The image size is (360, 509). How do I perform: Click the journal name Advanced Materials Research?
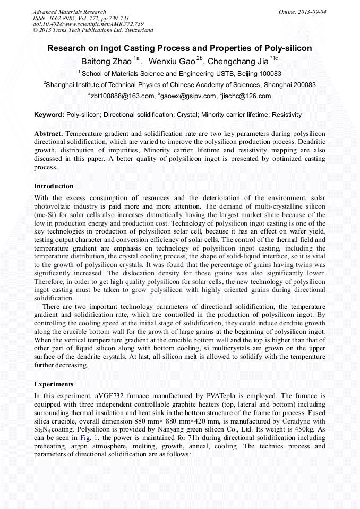coord(69,12)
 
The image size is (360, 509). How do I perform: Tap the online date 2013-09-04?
coord(311,12)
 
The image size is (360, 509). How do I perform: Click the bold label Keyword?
coord(49,115)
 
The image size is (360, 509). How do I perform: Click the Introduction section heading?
coord(54,186)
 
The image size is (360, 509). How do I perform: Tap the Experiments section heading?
coord(54,384)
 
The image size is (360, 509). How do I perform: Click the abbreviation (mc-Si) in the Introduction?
coord(47,213)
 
